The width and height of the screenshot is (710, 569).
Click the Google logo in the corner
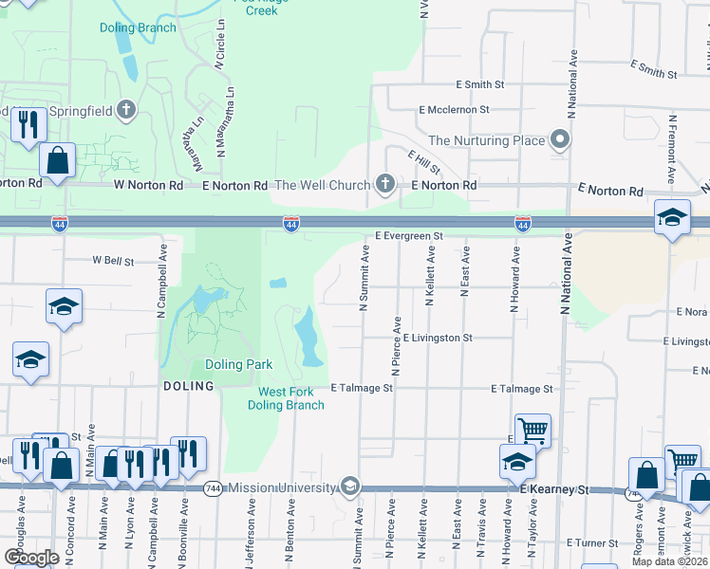(x=31, y=557)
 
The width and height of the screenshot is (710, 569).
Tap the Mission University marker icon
(x=350, y=487)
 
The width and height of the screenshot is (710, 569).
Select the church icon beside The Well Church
(x=384, y=184)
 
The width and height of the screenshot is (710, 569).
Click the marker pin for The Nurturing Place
(x=561, y=140)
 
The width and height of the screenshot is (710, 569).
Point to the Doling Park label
(x=238, y=364)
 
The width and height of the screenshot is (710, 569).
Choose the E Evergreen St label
(x=409, y=235)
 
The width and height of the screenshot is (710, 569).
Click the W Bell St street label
(x=113, y=260)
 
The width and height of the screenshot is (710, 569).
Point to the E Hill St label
(x=424, y=162)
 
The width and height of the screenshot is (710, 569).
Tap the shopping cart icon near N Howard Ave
(x=532, y=431)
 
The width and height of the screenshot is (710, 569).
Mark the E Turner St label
(x=592, y=543)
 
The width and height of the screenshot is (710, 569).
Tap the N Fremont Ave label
(x=672, y=150)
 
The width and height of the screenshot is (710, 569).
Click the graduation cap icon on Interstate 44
(x=671, y=218)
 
